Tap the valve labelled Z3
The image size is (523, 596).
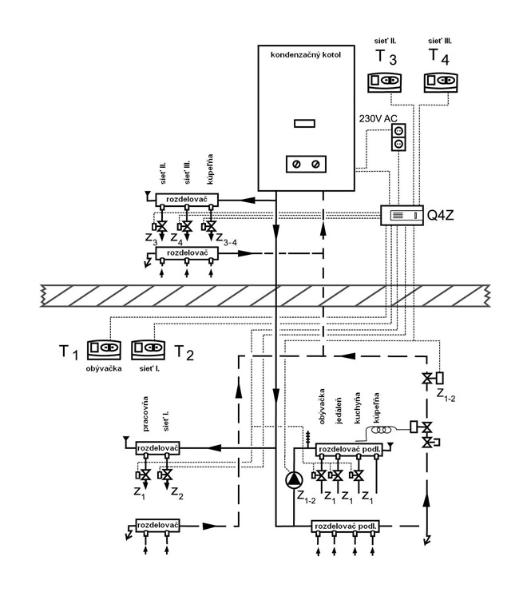[x=163, y=228]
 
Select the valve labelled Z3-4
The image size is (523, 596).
[x=211, y=228]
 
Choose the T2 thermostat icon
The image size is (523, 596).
[x=149, y=349]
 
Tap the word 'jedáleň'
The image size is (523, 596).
[x=339, y=424]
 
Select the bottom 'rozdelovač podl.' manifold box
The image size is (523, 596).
[x=347, y=526]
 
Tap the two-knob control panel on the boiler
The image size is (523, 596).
[x=305, y=163]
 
